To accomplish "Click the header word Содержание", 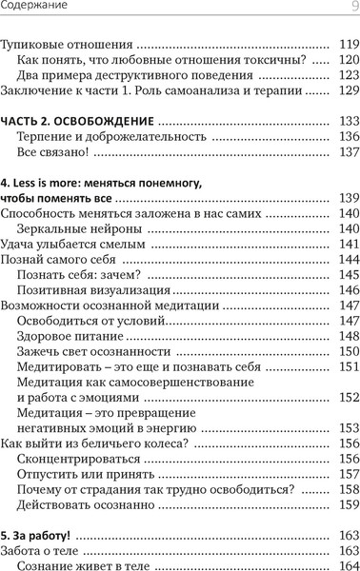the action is tap(32, 9).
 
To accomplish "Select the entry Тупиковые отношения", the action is tap(65, 44).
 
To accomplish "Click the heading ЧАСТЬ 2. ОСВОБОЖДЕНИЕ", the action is tap(77, 122).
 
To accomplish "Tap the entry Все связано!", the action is tap(52, 153).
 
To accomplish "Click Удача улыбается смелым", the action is tap(72, 245).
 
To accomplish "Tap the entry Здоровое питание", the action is tap(70, 337).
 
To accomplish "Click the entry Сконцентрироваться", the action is tap(75, 459).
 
